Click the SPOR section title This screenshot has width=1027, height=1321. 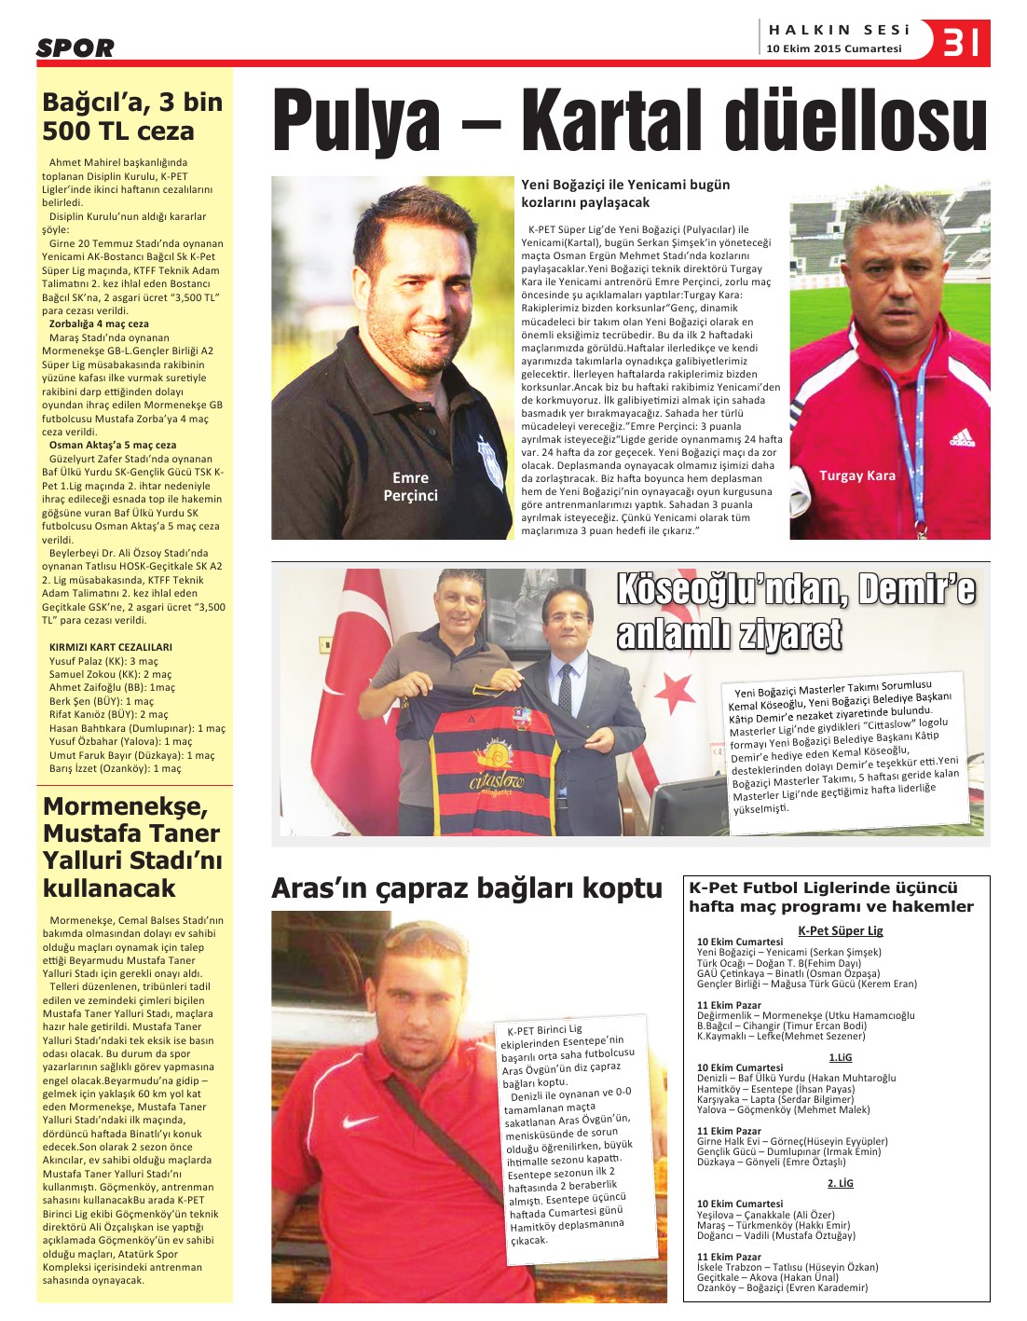75,48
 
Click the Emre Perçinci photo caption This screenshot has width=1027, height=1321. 410,487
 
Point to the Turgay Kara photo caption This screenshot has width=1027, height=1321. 856,475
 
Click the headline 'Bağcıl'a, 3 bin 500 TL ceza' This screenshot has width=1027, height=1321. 132,117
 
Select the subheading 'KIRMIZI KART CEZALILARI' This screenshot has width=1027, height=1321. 110,647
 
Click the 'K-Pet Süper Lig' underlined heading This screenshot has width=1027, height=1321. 840,930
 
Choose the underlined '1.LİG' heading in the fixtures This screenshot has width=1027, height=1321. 840,1057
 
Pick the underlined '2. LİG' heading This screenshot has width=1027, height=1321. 840,1183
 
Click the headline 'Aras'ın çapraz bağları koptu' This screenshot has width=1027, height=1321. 466,888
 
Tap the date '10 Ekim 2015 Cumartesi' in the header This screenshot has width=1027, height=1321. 833,48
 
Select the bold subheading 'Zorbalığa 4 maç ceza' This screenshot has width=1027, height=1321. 99,323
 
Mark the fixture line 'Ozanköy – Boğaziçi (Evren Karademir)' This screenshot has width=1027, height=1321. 782,1287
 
